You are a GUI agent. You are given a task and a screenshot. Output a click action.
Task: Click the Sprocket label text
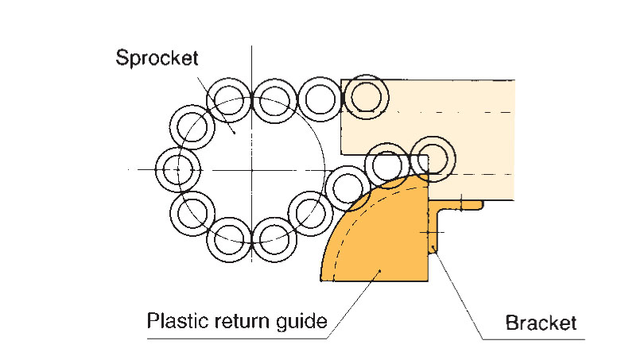[156, 58]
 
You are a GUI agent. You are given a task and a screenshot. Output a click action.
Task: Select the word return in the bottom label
[242, 322]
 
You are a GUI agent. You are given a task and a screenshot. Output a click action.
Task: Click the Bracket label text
[540, 323]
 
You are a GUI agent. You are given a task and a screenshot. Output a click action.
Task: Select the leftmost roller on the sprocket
[176, 169]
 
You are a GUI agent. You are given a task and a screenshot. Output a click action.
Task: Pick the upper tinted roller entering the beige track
[367, 97]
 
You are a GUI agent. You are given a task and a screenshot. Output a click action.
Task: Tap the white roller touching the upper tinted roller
[322, 98]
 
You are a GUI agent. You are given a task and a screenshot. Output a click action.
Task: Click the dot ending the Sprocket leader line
[234, 131]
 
